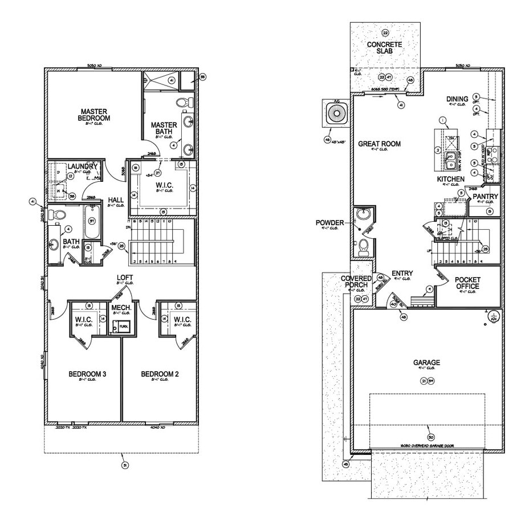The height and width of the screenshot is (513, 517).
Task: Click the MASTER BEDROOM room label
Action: (x=95, y=115)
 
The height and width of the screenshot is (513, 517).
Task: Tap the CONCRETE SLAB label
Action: (x=384, y=48)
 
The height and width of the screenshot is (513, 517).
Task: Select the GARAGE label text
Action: (x=426, y=363)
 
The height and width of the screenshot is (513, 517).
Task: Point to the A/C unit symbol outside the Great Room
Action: (x=335, y=113)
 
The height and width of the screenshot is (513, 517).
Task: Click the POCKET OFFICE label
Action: (x=467, y=283)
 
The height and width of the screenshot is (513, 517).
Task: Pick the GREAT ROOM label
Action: (x=379, y=144)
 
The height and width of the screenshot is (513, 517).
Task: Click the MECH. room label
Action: (x=121, y=308)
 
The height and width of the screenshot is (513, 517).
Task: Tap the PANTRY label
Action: (x=485, y=197)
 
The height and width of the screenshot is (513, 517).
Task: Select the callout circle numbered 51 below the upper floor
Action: (x=125, y=465)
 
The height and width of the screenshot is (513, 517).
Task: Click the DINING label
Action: (x=457, y=99)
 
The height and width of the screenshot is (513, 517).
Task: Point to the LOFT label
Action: (x=125, y=278)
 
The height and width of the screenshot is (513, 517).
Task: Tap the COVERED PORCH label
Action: (x=356, y=282)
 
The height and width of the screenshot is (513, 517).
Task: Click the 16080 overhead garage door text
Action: (x=426, y=446)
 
